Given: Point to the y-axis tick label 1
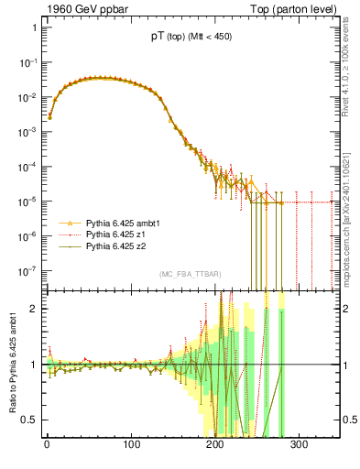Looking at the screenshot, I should (x=33, y=27).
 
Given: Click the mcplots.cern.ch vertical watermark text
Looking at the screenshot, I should (x=349, y=220).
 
